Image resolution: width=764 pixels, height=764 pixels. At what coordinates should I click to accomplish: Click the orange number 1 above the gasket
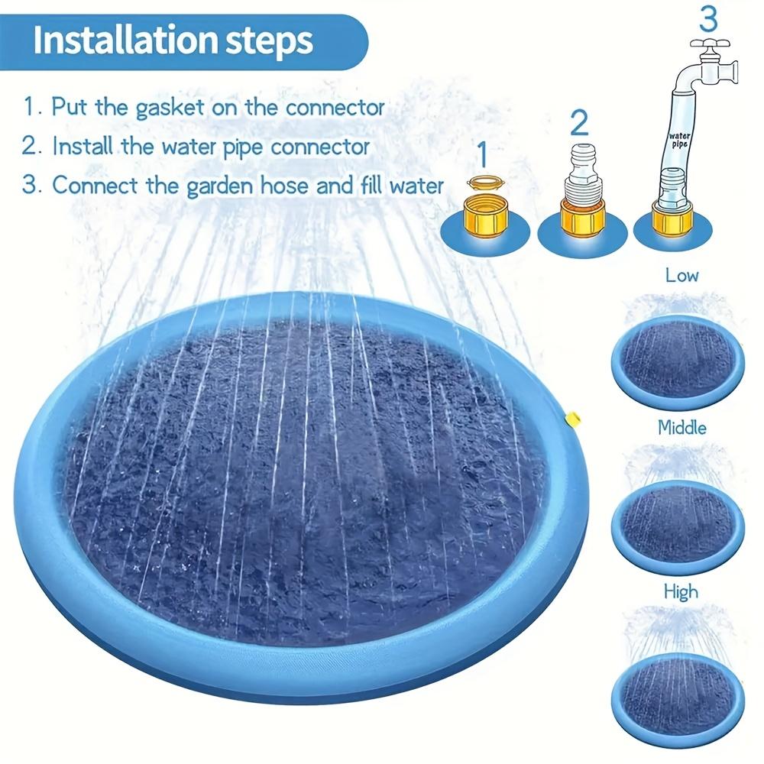481,154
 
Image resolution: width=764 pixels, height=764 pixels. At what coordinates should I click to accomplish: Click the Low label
681,275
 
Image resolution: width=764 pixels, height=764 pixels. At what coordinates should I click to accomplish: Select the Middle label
681,428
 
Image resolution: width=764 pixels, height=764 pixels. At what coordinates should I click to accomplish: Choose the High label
680,591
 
